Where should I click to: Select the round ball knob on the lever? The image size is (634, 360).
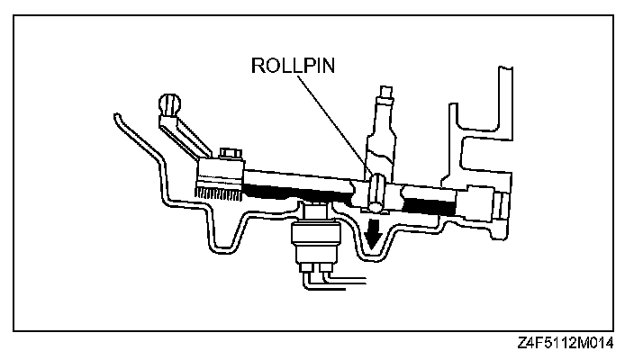(169, 103)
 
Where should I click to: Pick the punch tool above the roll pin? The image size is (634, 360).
(382, 135)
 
